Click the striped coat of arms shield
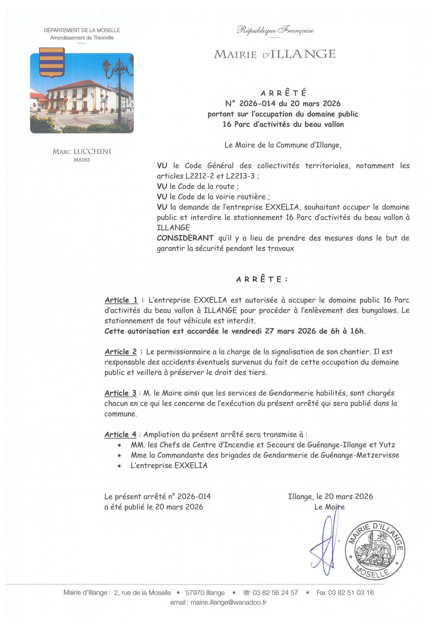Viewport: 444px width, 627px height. [x=52, y=62]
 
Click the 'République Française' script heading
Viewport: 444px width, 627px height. [x=275, y=30]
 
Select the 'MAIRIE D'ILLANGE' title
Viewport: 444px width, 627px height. [x=274, y=54]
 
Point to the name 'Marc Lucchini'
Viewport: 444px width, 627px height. [x=82, y=152]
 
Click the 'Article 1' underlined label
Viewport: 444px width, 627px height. [x=121, y=300]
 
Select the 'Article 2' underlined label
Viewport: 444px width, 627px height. [x=121, y=352]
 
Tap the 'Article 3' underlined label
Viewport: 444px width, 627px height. [x=120, y=393]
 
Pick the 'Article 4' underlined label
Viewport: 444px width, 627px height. [x=120, y=434]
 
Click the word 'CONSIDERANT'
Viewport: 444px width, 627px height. [x=185, y=238]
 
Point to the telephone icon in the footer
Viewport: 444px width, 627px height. [x=247, y=593]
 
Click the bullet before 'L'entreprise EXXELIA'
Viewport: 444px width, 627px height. [x=119, y=466]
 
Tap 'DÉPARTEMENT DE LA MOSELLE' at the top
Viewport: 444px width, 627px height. [x=82, y=30]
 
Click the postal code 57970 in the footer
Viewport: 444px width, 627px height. [x=194, y=593]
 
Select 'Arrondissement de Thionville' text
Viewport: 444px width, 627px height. [x=82, y=38]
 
